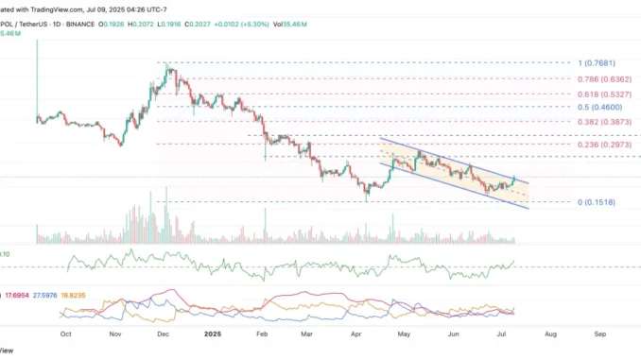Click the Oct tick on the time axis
66,334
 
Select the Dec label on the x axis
163,334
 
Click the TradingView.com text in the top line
46,8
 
